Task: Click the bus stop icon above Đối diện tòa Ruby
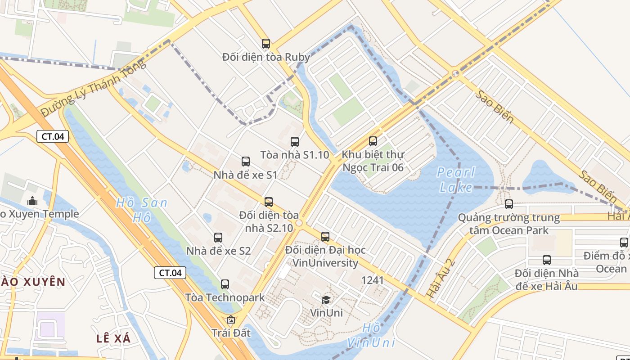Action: (x=266, y=44)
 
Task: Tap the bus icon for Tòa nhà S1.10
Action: (x=295, y=142)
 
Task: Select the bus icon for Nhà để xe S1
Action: (x=246, y=162)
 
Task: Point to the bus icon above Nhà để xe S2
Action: (x=218, y=238)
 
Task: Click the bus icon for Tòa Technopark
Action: (x=225, y=284)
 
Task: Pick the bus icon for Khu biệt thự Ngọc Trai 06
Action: (x=373, y=141)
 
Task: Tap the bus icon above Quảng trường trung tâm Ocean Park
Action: (x=509, y=204)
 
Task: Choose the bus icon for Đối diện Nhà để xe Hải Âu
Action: (x=547, y=260)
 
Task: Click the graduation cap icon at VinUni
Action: (x=326, y=300)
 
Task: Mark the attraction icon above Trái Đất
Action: (x=231, y=320)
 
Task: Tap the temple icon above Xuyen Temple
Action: (x=32, y=201)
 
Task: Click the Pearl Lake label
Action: (x=456, y=180)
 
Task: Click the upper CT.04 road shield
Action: (x=53, y=136)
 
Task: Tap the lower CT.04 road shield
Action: (x=170, y=272)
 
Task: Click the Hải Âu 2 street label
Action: (x=441, y=278)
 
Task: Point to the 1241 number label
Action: (x=373, y=280)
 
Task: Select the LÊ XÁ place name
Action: (x=113, y=338)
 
